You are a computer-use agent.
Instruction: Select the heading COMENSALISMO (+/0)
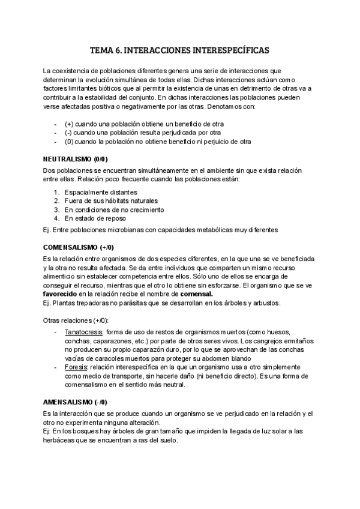[79, 247]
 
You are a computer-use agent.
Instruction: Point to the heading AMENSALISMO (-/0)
[76, 402]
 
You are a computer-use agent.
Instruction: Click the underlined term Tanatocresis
[82, 331]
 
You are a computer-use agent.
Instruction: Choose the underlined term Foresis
[76, 366]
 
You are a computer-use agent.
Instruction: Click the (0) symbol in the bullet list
[69, 141]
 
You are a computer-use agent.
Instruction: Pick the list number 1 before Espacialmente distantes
[56, 192]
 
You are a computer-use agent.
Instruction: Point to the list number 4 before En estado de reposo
[56, 218]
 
